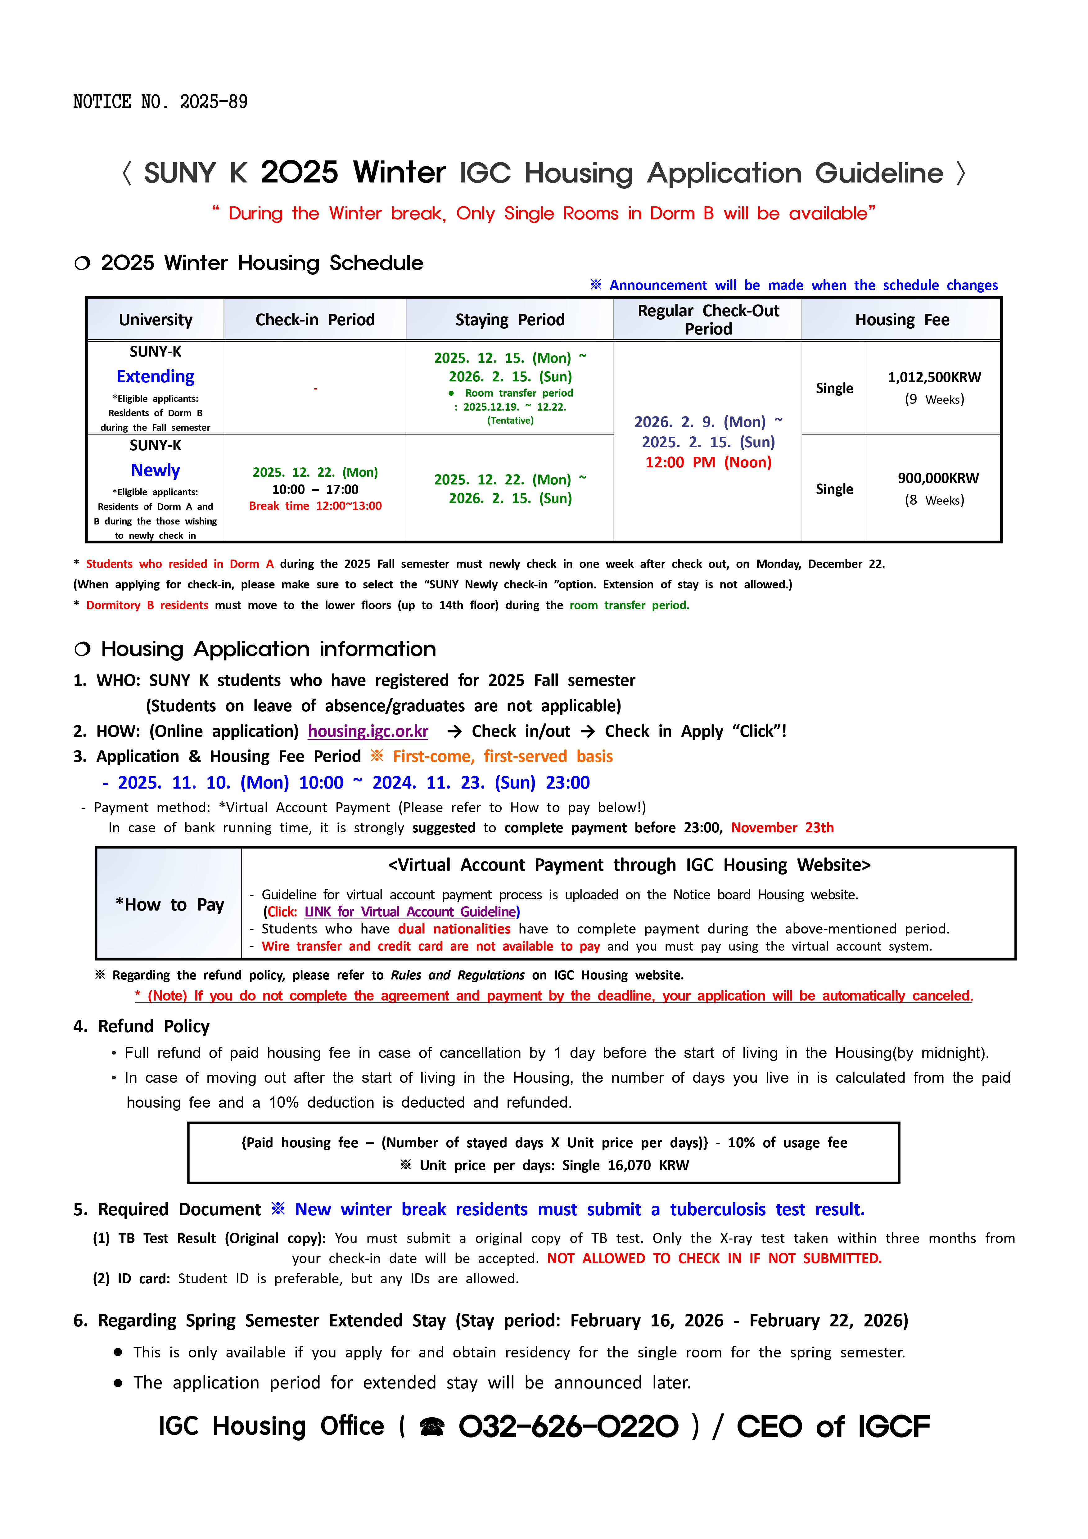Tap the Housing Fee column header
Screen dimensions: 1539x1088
pos(902,320)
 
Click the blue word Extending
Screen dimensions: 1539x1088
pos(156,377)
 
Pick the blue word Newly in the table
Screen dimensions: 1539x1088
pos(156,470)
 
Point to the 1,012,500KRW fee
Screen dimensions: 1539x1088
pos(934,377)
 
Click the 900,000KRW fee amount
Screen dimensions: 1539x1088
pos(938,478)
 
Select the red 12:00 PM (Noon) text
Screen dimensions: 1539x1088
pos(708,462)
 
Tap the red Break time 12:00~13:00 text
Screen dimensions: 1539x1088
pos(315,506)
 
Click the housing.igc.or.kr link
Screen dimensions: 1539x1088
pos(368,731)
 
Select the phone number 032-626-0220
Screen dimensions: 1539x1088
pos(568,1426)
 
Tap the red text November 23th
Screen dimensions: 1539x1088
pos(782,828)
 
